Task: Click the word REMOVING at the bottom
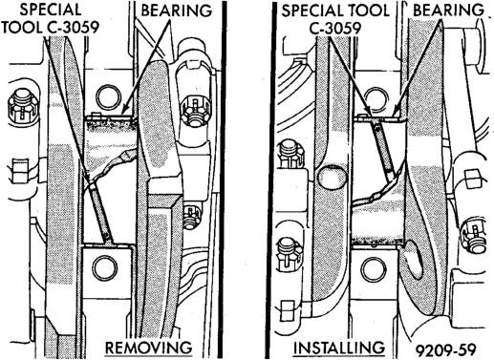(x=149, y=348)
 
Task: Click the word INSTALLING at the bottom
(x=339, y=348)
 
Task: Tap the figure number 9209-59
(x=446, y=350)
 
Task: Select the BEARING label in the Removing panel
(x=177, y=11)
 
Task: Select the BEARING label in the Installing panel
(x=448, y=11)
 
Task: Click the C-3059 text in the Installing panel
(x=335, y=29)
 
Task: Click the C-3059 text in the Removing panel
(x=74, y=28)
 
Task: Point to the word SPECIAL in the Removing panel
(x=51, y=10)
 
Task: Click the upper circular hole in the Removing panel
(x=109, y=96)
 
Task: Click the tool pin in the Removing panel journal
(x=100, y=211)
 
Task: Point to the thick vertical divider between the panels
(x=223, y=180)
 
